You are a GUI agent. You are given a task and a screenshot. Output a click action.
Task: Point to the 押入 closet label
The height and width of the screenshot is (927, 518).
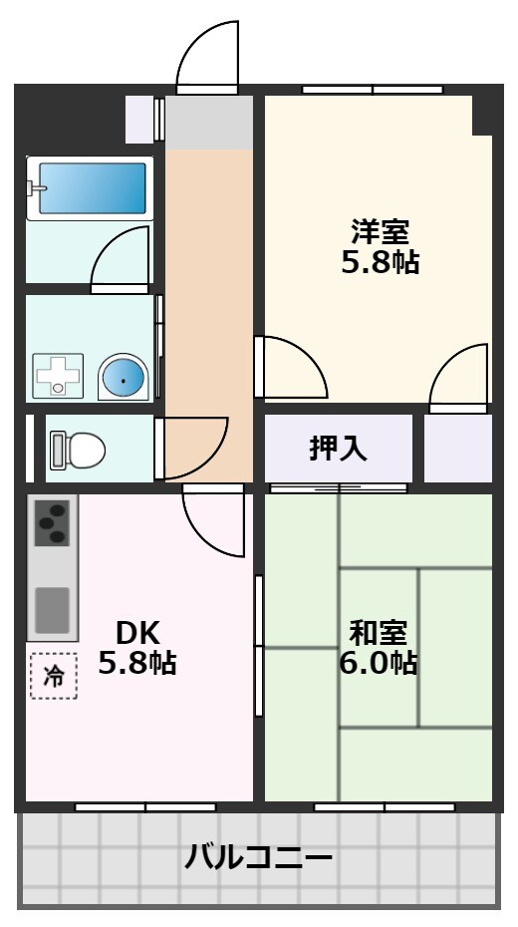tap(338, 449)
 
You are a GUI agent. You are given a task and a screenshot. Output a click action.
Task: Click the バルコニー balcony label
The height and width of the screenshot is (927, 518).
tap(259, 856)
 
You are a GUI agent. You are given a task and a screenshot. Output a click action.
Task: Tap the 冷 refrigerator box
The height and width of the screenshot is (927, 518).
tap(54, 676)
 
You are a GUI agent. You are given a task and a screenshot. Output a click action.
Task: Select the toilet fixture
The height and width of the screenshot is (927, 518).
tap(78, 450)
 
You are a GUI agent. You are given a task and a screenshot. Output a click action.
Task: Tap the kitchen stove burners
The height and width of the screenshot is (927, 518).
tap(51, 523)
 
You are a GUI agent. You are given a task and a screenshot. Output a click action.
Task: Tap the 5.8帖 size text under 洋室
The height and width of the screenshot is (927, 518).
tap(380, 262)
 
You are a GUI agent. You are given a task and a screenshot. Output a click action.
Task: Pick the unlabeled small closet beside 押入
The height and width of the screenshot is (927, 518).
tap(458, 449)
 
